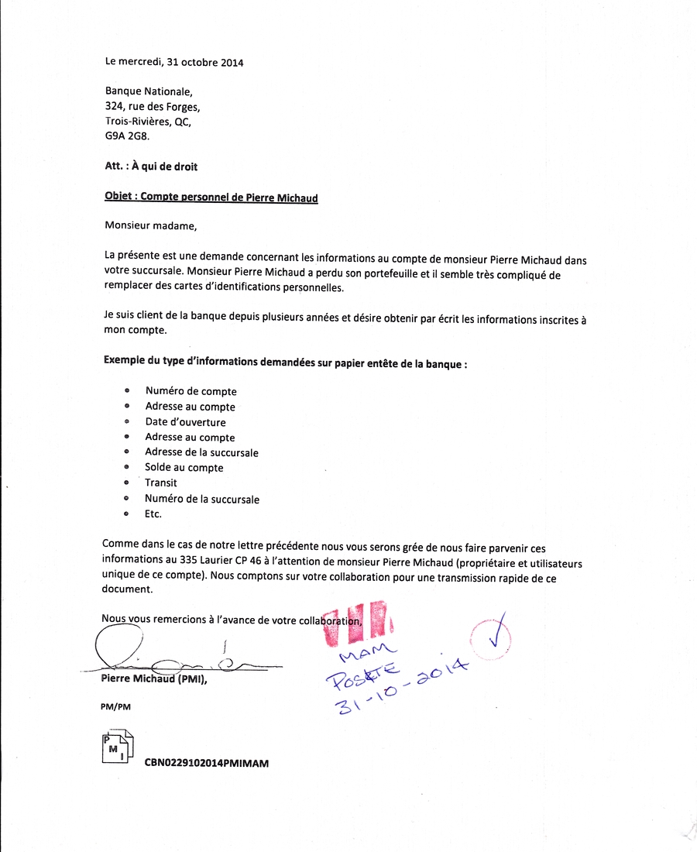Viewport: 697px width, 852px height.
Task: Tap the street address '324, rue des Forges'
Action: tap(152, 107)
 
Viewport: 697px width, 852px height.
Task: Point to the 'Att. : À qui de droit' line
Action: tap(146, 166)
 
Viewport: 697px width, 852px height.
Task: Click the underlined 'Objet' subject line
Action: tap(211, 198)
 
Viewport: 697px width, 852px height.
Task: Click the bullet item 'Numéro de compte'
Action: tap(191, 391)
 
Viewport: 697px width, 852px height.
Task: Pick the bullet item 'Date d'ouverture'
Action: tap(185, 422)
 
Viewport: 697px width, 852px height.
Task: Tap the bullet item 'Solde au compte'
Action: tap(184, 468)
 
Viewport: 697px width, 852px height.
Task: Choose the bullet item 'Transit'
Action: tap(160, 483)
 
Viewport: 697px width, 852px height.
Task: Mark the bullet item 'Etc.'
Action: tap(153, 514)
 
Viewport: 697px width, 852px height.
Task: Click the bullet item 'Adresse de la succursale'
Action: tap(201, 452)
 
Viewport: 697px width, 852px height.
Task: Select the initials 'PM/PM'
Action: tap(115, 706)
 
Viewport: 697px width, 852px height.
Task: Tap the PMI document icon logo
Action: tap(117, 746)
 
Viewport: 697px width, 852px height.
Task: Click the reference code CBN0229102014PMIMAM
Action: tap(206, 763)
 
